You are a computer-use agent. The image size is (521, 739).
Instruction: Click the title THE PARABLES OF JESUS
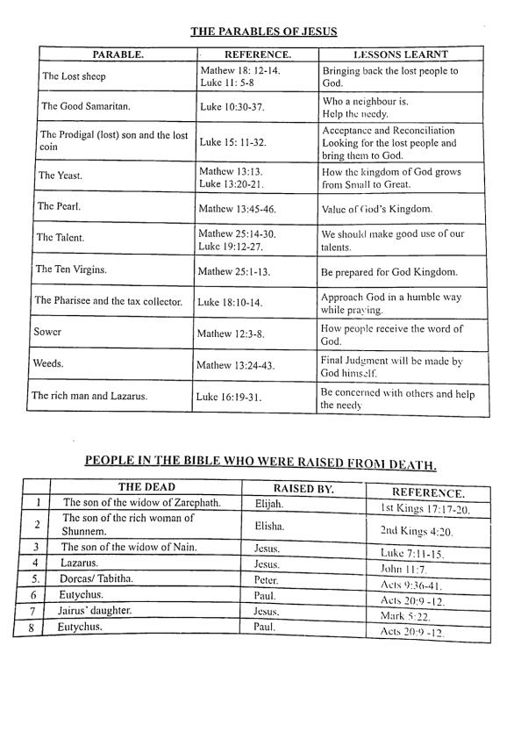pos(264,32)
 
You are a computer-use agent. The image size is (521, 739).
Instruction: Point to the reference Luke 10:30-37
pos(231,106)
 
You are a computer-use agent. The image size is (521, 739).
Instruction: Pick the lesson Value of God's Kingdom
pos(377,210)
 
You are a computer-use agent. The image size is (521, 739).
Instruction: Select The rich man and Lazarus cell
pos(89,395)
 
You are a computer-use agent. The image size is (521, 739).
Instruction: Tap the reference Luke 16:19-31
pos(231,397)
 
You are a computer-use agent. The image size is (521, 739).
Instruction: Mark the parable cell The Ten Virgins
pos(72,269)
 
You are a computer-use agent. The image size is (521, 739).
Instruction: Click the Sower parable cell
pos(47,333)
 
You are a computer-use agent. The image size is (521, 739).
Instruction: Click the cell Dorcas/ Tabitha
pos(96,578)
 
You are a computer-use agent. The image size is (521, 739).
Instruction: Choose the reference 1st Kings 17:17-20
pos(425,509)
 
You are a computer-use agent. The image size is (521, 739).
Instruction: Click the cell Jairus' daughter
pos(99,610)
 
